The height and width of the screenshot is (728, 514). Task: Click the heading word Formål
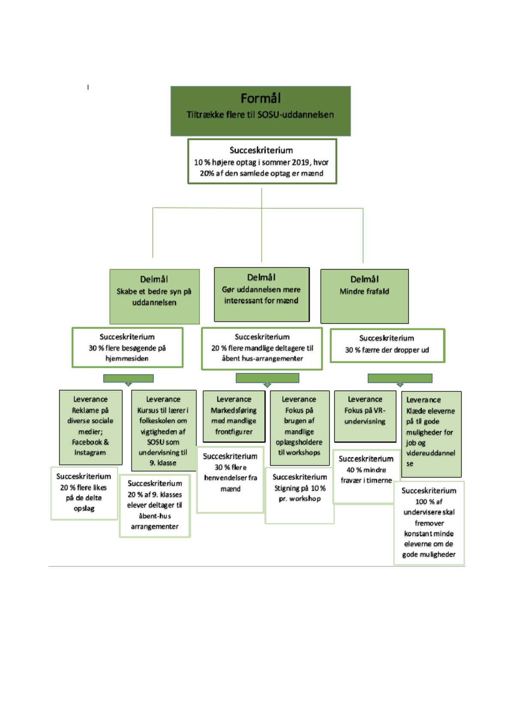point(260,99)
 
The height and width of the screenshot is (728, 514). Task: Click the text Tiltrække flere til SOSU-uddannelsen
point(260,115)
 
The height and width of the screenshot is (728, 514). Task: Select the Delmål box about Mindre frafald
point(365,296)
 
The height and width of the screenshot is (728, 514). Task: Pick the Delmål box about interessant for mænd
point(261,295)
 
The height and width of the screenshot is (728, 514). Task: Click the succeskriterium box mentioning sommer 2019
point(262,162)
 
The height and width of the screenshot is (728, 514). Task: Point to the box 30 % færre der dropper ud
point(387,346)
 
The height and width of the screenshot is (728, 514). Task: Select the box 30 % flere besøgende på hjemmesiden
point(127,348)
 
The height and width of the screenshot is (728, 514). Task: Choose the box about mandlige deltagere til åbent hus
point(262,349)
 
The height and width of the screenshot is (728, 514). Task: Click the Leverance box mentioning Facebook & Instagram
point(90,427)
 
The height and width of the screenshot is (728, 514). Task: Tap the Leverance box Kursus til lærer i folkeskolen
point(163,430)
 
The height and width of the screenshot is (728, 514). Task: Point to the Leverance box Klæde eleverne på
point(431,433)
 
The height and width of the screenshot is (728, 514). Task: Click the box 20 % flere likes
point(84,493)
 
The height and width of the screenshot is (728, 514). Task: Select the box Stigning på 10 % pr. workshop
point(299,495)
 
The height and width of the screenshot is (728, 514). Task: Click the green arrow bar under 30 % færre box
point(400,378)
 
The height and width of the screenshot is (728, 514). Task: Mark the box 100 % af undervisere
point(429,522)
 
